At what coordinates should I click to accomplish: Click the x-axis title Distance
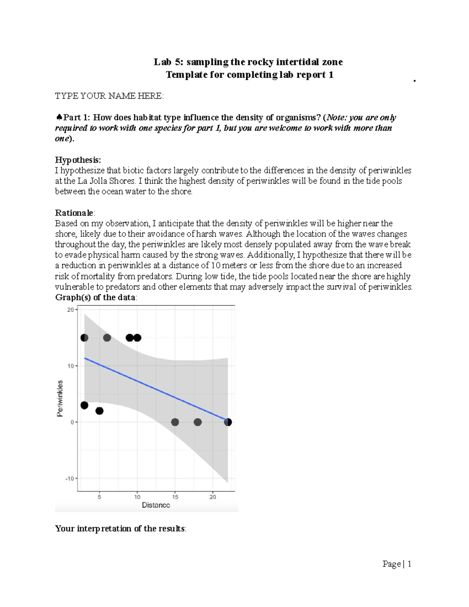[x=156, y=505]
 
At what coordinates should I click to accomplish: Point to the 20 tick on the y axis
[x=70, y=310]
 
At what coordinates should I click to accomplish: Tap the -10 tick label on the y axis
[x=69, y=478]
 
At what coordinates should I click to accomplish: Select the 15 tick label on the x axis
[x=175, y=497]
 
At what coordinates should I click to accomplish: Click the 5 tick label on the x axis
[x=99, y=497]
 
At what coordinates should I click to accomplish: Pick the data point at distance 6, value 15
[x=107, y=338]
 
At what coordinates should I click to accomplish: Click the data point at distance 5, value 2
[x=99, y=411]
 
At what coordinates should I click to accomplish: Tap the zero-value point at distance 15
[x=175, y=422]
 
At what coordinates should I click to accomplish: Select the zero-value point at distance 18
[x=198, y=422]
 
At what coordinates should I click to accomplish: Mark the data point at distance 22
[x=228, y=422]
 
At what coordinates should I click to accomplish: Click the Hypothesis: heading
[x=78, y=160]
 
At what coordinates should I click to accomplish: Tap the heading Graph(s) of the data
[x=96, y=297]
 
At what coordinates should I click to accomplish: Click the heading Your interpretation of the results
[x=120, y=529]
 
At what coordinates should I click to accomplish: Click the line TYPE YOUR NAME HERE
[x=109, y=96]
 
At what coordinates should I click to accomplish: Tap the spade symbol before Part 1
[x=59, y=118]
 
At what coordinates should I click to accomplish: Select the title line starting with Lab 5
[x=248, y=62]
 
